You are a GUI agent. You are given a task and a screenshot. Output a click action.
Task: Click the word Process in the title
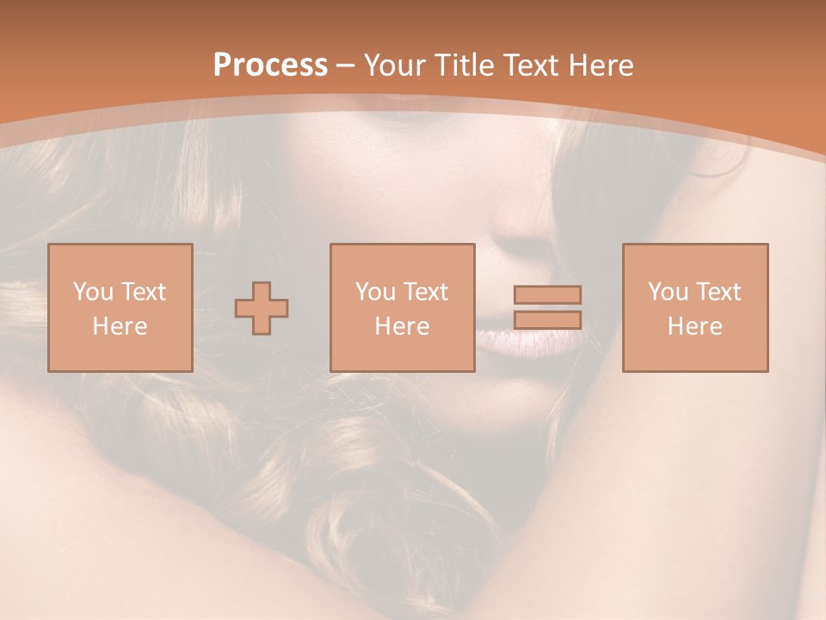point(270,65)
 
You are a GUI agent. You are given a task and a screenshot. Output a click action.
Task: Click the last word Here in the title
point(601,65)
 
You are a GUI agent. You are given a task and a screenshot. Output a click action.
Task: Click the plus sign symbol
point(262,307)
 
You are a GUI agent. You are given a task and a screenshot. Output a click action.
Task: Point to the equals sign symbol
point(547,307)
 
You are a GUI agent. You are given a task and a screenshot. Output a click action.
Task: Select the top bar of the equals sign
point(547,294)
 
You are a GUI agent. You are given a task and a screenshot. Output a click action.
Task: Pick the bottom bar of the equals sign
point(547,320)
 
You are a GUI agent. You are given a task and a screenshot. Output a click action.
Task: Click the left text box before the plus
point(120,307)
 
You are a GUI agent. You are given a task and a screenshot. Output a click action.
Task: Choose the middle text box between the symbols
point(402,307)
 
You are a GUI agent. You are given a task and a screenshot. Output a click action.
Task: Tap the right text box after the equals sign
point(695,307)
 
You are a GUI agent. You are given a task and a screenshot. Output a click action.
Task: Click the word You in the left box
point(93,292)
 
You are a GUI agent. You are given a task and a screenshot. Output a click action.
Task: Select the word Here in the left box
point(120,326)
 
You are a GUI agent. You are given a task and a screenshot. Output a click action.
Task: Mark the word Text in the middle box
point(424,292)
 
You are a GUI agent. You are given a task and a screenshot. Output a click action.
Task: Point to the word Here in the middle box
point(402,326)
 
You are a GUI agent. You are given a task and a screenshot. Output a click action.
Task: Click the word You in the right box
point(669,292)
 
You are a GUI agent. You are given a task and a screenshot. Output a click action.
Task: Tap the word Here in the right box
point(695,326)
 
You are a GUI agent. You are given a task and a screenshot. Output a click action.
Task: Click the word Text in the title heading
point(530,65)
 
